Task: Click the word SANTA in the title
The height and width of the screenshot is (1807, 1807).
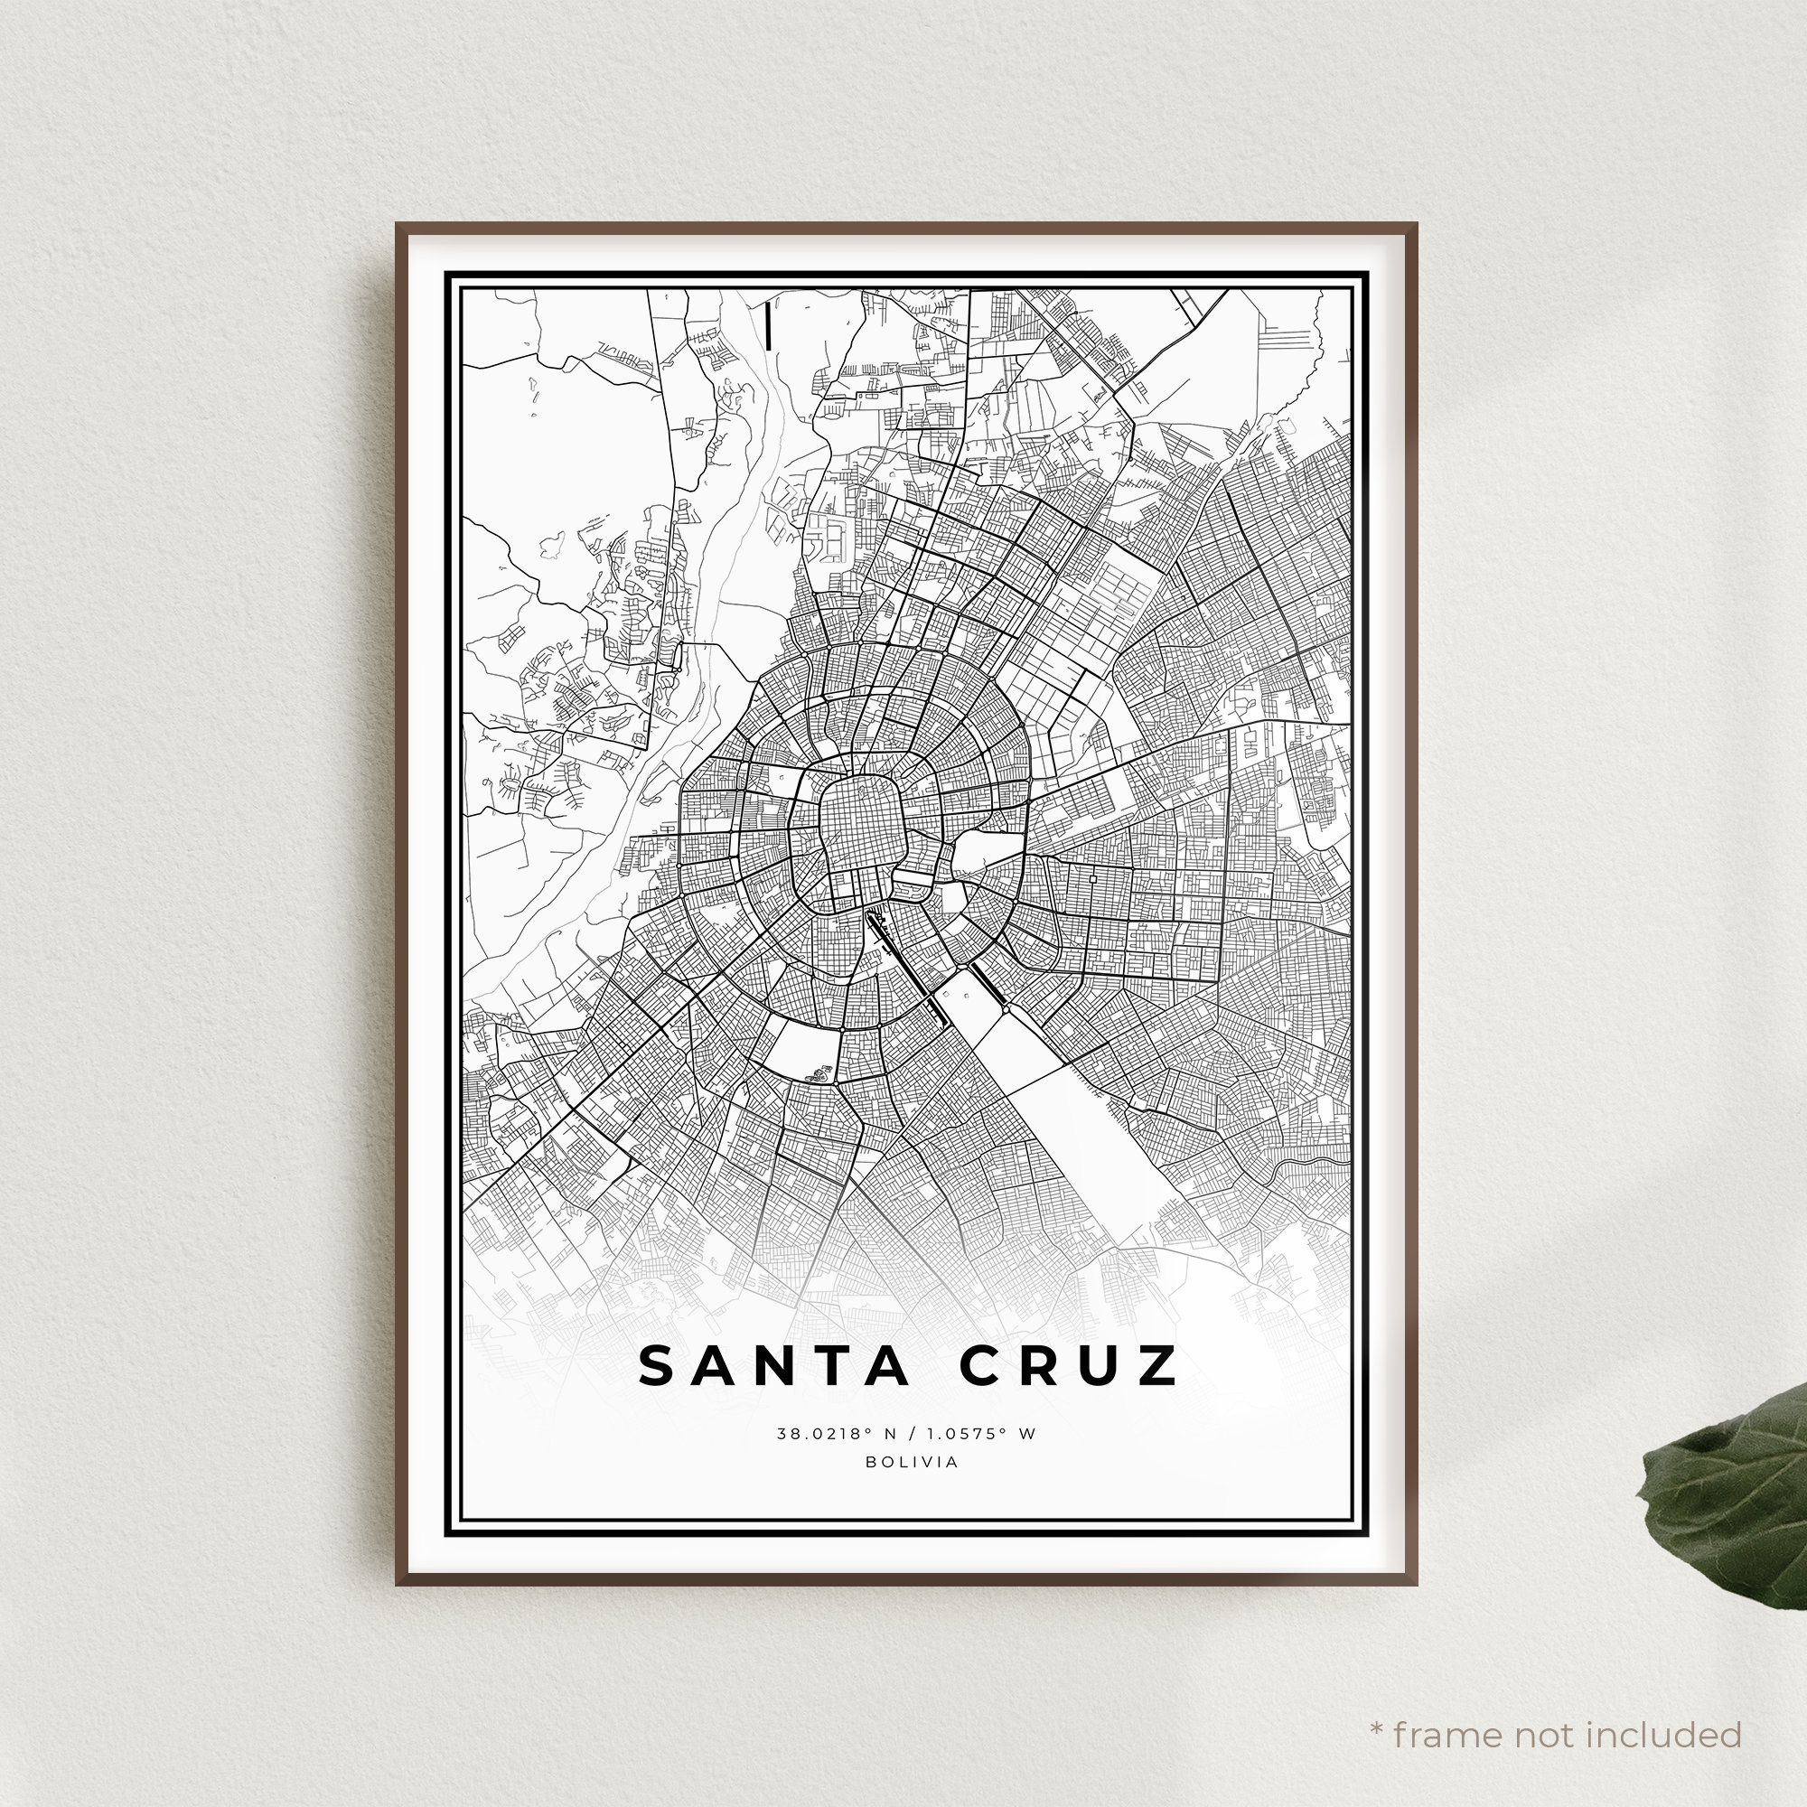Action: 773,1366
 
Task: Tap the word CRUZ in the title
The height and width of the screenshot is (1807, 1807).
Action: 1069,1366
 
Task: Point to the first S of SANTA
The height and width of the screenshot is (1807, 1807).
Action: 656,1366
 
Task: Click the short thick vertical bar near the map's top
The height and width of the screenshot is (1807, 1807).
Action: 767,326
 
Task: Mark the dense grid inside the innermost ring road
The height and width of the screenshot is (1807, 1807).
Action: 857,823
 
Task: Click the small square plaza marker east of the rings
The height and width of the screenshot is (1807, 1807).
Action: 1092,879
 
